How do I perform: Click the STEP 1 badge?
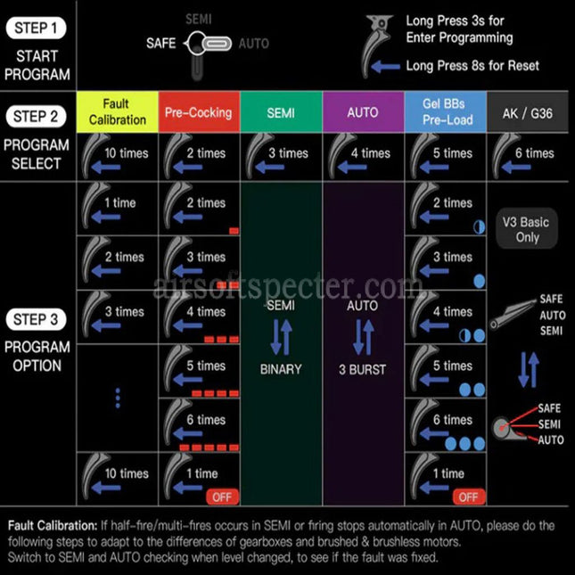pyautogui.click(x=36, y=29)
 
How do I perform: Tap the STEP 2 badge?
pyautogui.click(x=36, y=117)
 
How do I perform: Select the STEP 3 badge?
pyautogui.click(x=36, y=319)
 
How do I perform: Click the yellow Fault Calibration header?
pyautogui.click(x=118, y=111)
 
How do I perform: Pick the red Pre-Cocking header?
pyautogui.click(x=199, y=111)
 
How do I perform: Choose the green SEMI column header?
pyautogui.click(x=281, y=111)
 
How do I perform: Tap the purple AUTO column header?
pyautogui.click(x=363, y=111)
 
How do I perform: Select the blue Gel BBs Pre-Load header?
pyautogui.click(x=446, y=111)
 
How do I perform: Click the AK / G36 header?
pyautogui.click(x=528, y=111)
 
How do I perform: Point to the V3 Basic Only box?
pyautogui.click(x=527, y=229)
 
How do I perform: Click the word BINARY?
pyautogui.click(x=281, y=369)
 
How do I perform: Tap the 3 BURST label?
pyautogui.click(x=362, y=369)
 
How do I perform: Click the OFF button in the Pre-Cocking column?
pyautogui.click(x=222, y=497)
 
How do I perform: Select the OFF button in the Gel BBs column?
pyautogui.click(x=469, y=497)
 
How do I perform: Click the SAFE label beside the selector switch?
pyautogui.click(x=161, y=44)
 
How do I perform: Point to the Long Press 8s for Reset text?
pyautogui.click(x=472, y=66)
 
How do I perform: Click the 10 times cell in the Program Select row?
pyautogui.click(x=118, y=157)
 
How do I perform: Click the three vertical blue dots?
pyautogui.click(x=118, y=398)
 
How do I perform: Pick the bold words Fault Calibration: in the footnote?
pyautogui.click(x=53, y=525)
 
